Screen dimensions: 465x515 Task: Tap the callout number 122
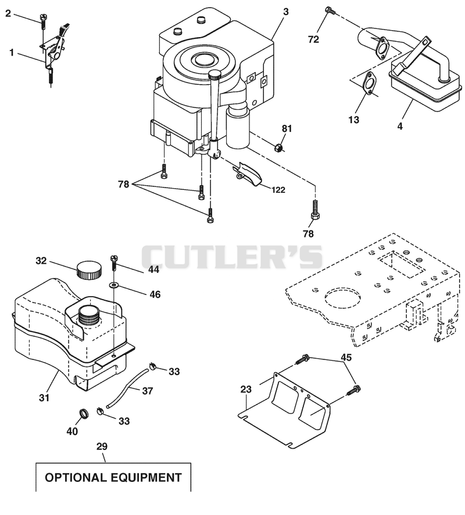[278, 190]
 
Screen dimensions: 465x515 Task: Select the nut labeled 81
[278, 147]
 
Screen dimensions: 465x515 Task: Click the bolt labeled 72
[330, 11]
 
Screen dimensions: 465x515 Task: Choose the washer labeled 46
[114, 284]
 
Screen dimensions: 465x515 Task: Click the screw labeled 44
[115, 263]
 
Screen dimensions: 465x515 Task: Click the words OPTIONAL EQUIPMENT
[113, 477]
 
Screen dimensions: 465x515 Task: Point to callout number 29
[102, 446]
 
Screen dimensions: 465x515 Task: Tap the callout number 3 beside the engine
[286, 12]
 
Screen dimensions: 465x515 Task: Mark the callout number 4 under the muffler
[400, 126]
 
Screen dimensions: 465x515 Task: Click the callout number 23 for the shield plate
[246, 389]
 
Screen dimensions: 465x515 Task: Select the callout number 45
[346, 357]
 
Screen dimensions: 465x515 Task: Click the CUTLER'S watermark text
[232, 257]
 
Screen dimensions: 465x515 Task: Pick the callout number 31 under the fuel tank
[44, 398]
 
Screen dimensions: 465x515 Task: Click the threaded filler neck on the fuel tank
[88, 315]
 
